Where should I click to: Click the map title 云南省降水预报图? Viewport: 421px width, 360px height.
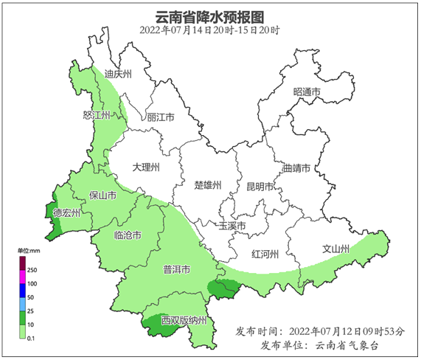tap(210, 16)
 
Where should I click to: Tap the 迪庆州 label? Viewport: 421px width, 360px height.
tap(118, 75)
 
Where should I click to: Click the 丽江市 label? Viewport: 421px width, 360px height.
tap(160, 117)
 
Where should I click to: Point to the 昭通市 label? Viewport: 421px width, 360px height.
tap(307, 92)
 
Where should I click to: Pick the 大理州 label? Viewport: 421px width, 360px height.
tap(146, 167)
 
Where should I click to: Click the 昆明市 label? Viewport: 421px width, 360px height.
tap(260, 187)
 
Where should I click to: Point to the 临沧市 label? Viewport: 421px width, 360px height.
tap(128, 235)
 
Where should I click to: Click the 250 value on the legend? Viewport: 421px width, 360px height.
tap(32, 271)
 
